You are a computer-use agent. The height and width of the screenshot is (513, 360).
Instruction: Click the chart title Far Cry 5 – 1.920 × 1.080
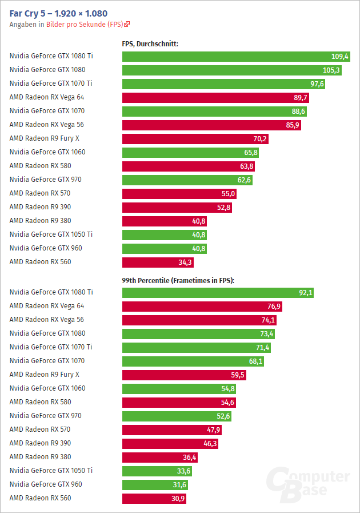click(x=58, y=13)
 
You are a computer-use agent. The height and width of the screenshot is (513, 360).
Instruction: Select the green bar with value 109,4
click(x=236, y=56)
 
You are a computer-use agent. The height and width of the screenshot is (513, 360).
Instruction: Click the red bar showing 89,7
click(x=215, y=97)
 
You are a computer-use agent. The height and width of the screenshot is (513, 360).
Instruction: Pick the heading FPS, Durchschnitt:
click(x=150, y=43)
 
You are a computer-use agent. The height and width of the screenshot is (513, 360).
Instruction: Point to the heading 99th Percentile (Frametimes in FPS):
click(x=178, y=280)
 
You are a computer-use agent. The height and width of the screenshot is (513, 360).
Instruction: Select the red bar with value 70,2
click(x=195, y=138)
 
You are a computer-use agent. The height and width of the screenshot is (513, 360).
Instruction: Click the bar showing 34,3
click(x=158, y=262)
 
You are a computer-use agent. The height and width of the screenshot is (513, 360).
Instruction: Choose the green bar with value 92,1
click(x=218, y=292)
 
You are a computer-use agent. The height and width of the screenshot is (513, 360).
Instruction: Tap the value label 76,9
click(x=273, y=306)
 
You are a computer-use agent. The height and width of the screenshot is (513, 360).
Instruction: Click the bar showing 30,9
click(x=154, y=498)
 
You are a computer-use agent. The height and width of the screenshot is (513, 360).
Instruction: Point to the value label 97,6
click(x=317, y=83)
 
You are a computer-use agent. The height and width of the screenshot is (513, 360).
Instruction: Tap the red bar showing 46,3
click(x=170, y=443)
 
